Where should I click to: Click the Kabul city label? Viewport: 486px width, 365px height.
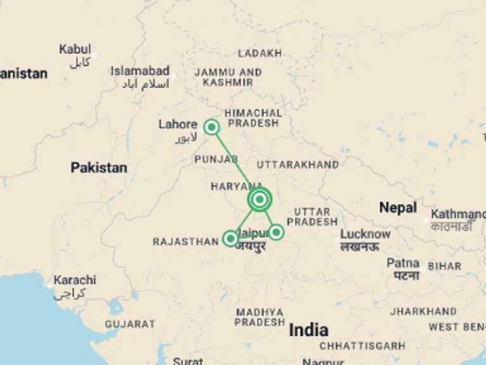click(x=75, y=49)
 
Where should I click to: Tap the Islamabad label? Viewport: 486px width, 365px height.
click(x=140, y=71)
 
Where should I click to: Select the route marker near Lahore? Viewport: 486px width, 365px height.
click(x=211, y=127)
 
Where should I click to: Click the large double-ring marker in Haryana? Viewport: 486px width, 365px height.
click(x=259, y=200)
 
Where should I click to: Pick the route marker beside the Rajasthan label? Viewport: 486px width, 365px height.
click(x=230, y=238)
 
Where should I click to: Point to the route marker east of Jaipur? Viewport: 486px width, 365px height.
click(x=276, y=232)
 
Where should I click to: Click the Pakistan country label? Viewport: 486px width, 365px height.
click(x=99, y=168)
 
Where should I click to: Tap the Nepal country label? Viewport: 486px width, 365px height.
click(x=397, y=207)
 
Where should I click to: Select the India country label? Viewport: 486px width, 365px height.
click(x=308, y=330)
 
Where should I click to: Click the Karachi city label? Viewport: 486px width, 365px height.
click(x=75, y=280)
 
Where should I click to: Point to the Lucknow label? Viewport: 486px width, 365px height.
click(x=365, y=234)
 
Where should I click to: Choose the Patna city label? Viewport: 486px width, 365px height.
click(x=403, y=263)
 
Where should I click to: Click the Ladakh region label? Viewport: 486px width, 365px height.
click(x=259, y=53)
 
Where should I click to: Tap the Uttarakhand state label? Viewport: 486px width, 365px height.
click(x=297, y=165)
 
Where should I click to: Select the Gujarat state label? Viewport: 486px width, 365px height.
click(x=130, y=324)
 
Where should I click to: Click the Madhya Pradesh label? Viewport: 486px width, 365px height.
click(x=259, y=317)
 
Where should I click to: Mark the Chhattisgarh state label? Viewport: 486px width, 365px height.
click(x=362, y=346)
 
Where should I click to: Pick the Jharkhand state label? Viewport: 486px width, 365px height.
click(x=423, y=311)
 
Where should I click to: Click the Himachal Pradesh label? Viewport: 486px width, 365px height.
click(x=253, y=118)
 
